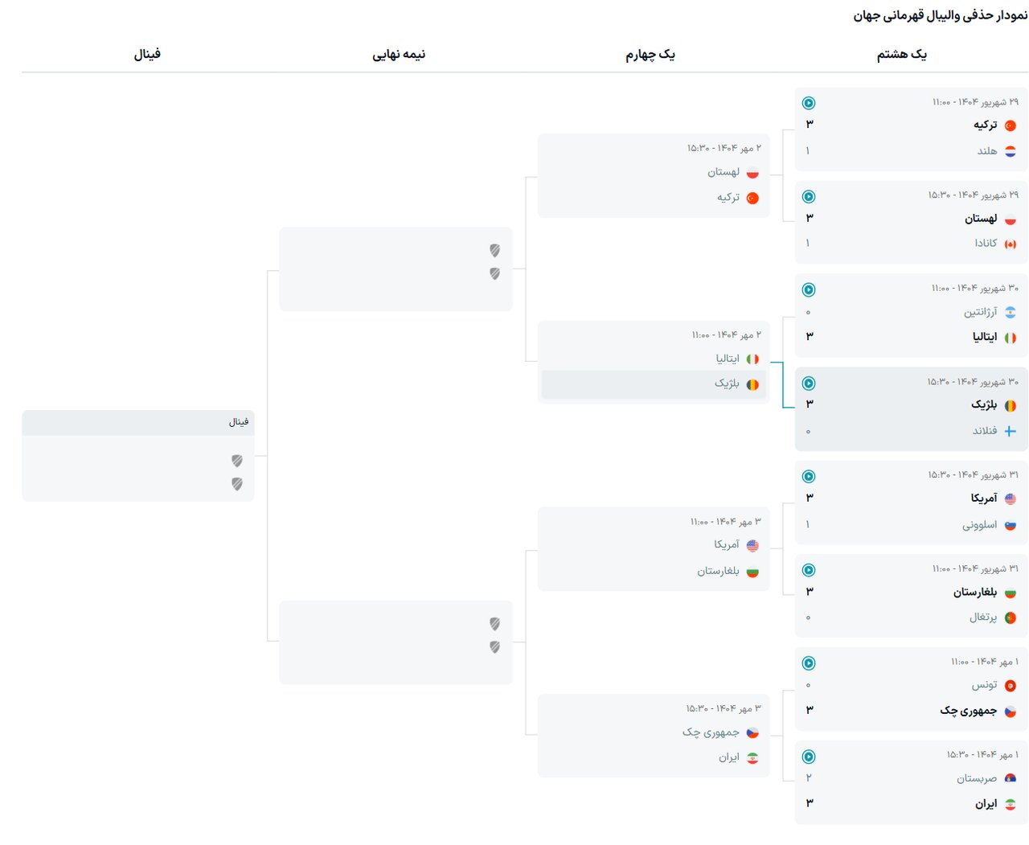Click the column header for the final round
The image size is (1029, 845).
147,55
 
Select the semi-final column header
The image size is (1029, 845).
399,55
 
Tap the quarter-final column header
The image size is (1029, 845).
650,55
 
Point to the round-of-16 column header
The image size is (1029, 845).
901,55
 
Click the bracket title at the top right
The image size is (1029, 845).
940,15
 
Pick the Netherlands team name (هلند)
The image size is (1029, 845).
986,151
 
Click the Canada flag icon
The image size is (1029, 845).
1011,244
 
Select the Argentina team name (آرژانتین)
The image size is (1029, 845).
980,312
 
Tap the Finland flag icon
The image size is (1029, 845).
1011,431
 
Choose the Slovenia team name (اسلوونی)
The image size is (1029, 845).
979,525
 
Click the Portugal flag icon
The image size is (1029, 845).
1011,618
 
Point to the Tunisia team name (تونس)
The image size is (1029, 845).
984,685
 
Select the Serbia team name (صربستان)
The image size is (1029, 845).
976,778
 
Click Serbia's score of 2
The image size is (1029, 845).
809,777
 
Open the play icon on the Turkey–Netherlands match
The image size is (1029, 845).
809,103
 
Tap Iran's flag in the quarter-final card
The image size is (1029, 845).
752,758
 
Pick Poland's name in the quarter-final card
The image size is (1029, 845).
724,172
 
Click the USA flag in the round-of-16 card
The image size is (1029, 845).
1011,499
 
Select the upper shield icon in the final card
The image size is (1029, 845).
237,461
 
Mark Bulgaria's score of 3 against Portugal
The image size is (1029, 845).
810,592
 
